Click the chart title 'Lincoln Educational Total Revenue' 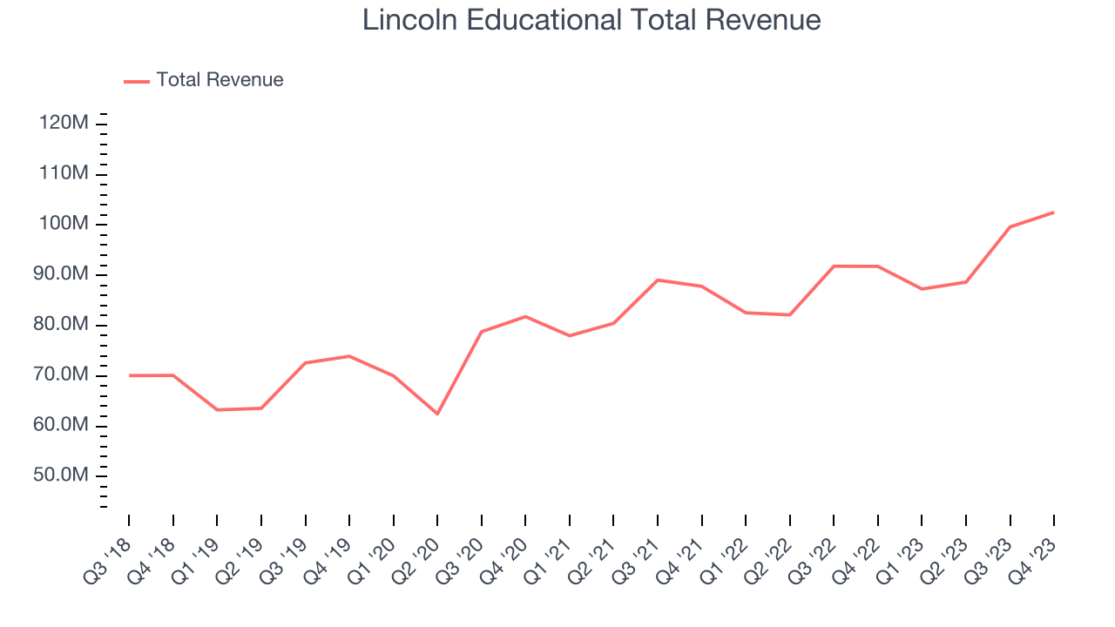591,20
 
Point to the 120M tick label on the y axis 64,124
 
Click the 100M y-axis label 64,224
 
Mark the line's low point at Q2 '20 437,414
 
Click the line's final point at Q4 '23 1054,212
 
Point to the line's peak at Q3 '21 658,280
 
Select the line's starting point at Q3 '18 129,375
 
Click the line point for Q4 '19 349,356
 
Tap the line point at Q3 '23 1010,226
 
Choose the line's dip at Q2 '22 790,314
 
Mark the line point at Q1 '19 217,409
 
